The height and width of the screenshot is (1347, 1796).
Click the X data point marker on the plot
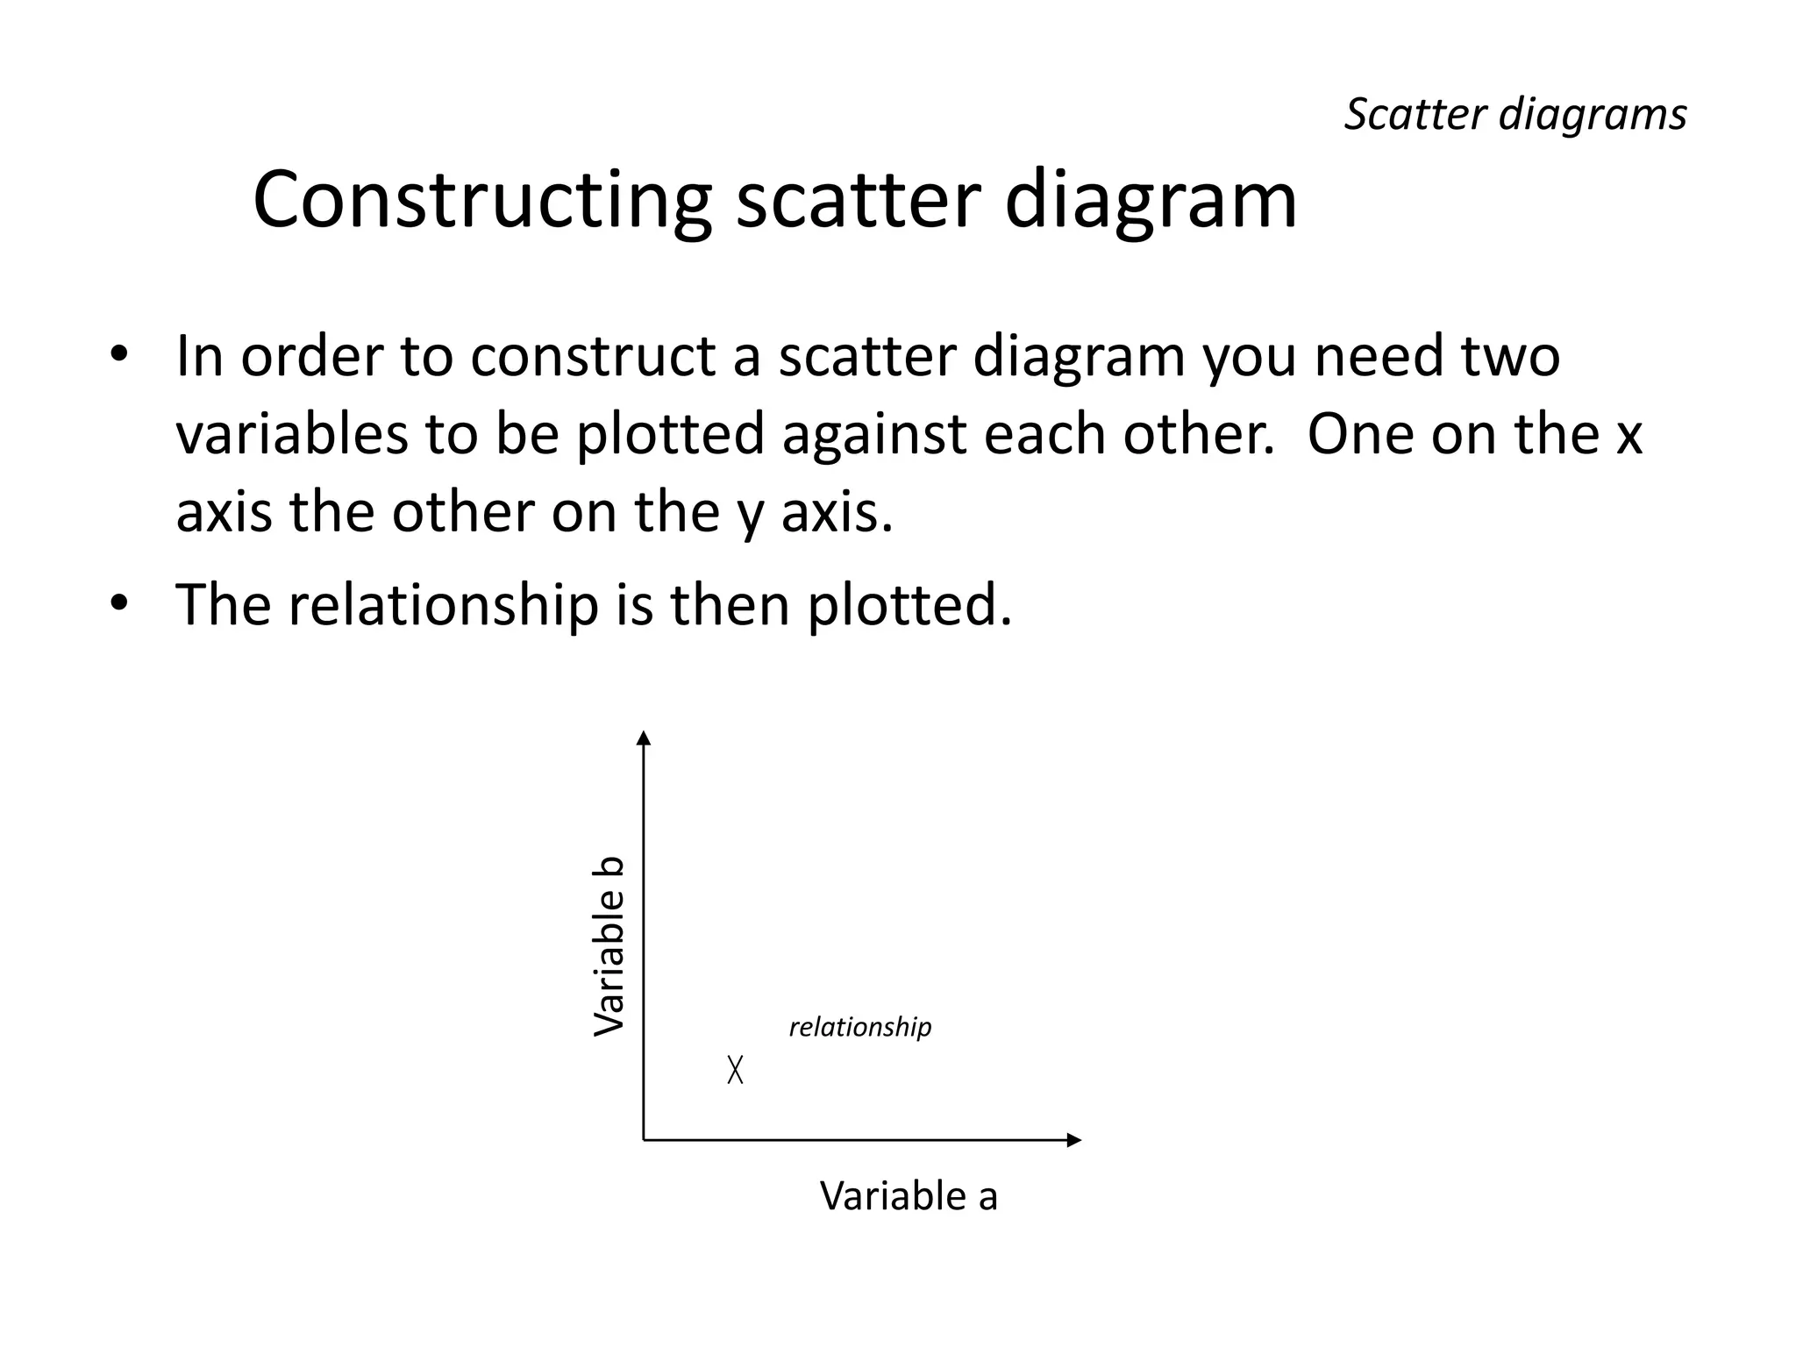pyautogui.click(x=735, y=1069)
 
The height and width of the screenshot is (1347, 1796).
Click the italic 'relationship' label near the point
pyautogui.click(x=859, y=1027)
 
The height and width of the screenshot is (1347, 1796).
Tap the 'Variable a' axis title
pyautogui.click(x=909, y=1196)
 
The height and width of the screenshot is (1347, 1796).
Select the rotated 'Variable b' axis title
pyautogui.click(x=609, y=946)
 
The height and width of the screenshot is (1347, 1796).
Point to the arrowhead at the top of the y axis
pyautogui.click(x=644, y=738)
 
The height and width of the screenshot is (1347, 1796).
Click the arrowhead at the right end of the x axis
pyautogui.click(x=1074, y=1140)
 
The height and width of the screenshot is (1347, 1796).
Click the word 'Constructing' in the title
pyautogui.click(x=481, y=202)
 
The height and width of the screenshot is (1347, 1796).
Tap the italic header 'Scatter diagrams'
pyautogui.click(x=1514, y=115)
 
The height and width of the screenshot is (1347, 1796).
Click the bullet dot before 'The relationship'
pyautogui.click(x=119, y=604)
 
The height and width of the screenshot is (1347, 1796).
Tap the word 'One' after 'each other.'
pyautogui.click(x=1360, y=434)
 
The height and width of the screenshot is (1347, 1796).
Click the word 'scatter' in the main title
pyautogui.click(x=857, y=202)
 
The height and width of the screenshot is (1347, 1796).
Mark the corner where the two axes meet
pyautogui.click(x=644, y=1140)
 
